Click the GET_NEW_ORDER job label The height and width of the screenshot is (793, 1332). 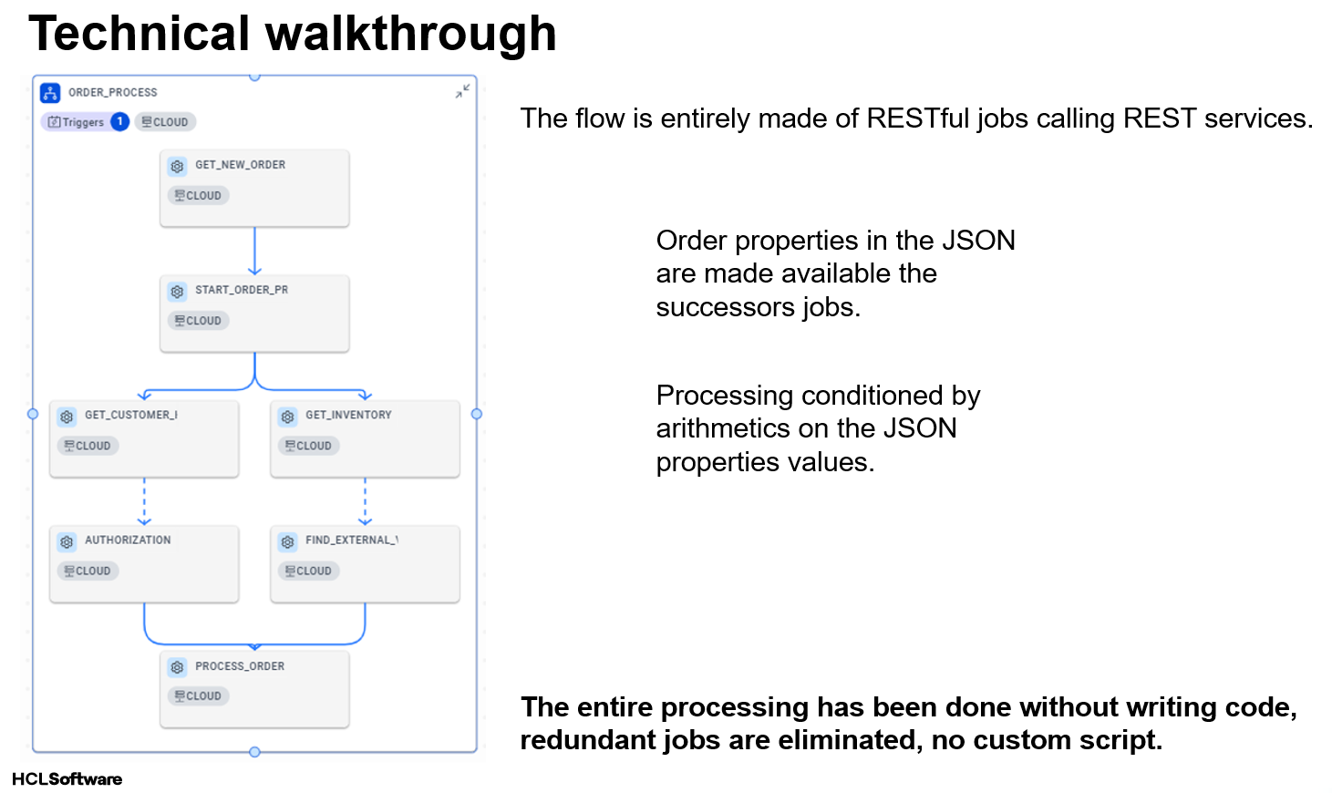point(241,165)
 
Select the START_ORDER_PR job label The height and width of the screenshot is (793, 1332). point(242,290)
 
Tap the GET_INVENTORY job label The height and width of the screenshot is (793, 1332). point(348,415)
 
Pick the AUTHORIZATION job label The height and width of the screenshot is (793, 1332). point(128,540)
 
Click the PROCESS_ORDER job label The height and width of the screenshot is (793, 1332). point(240,665)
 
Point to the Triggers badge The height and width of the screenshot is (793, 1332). point(76,122)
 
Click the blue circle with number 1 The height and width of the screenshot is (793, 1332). point(119,122)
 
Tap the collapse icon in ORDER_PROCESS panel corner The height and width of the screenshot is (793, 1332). point(462,91)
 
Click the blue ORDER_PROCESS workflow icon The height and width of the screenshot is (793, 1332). point(50,93)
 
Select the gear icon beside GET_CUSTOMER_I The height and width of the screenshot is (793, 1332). point(67,417)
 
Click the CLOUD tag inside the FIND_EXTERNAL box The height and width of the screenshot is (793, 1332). point(309,571)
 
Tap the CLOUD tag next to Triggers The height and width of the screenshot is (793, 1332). point(165,122)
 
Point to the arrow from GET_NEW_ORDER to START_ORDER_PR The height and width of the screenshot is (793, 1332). point(254,251)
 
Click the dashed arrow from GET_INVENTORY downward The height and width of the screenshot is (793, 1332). point(365,501)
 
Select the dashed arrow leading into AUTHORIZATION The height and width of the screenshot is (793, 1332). point(144,501)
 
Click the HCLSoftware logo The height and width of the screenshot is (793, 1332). point(67,778)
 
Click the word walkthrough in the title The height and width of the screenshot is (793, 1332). point(411,34)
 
